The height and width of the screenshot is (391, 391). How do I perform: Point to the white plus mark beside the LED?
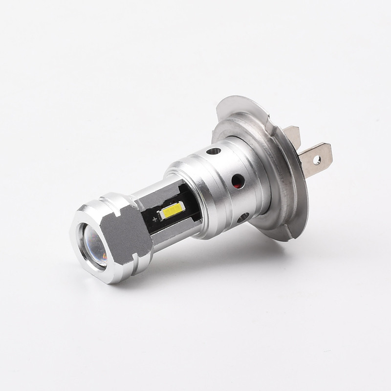[x=160, y=214]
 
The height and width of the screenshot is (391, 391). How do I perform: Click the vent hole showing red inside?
[x=238, y=181]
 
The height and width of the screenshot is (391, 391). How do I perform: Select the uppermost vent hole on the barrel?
[x=214, y=151]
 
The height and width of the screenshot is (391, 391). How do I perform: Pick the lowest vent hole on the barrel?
[x=243, y=217]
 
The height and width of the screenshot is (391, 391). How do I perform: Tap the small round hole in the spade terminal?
[x=317, y=159]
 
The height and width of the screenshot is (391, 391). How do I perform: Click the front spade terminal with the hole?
[x=315, y=158]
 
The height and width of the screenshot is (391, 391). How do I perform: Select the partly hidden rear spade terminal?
[x=292, y=135]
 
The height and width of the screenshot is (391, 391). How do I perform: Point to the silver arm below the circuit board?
[x=176, y=235]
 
